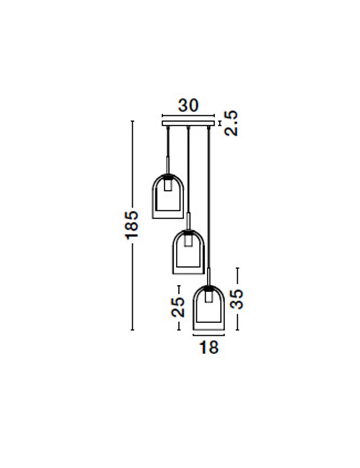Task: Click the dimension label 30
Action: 188,106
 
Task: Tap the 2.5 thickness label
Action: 231,123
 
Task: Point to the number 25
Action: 178,307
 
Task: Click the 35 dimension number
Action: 237,299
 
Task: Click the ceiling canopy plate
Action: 188,123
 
